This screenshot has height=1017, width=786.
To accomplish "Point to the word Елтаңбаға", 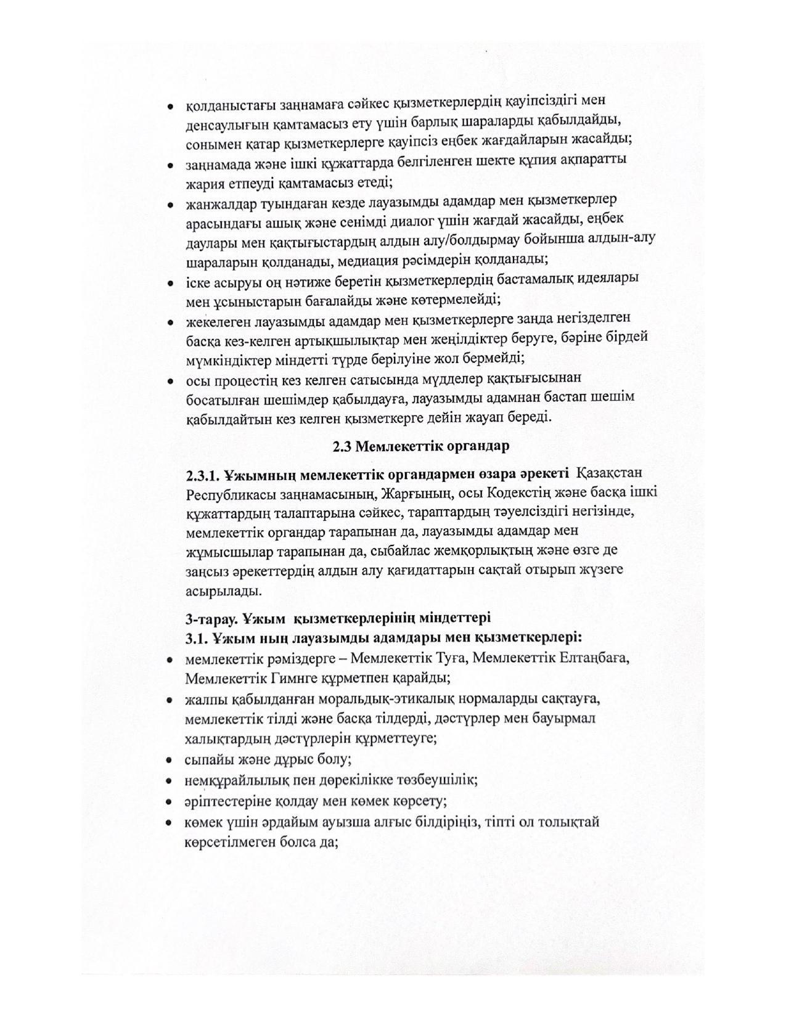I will (594, 658).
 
